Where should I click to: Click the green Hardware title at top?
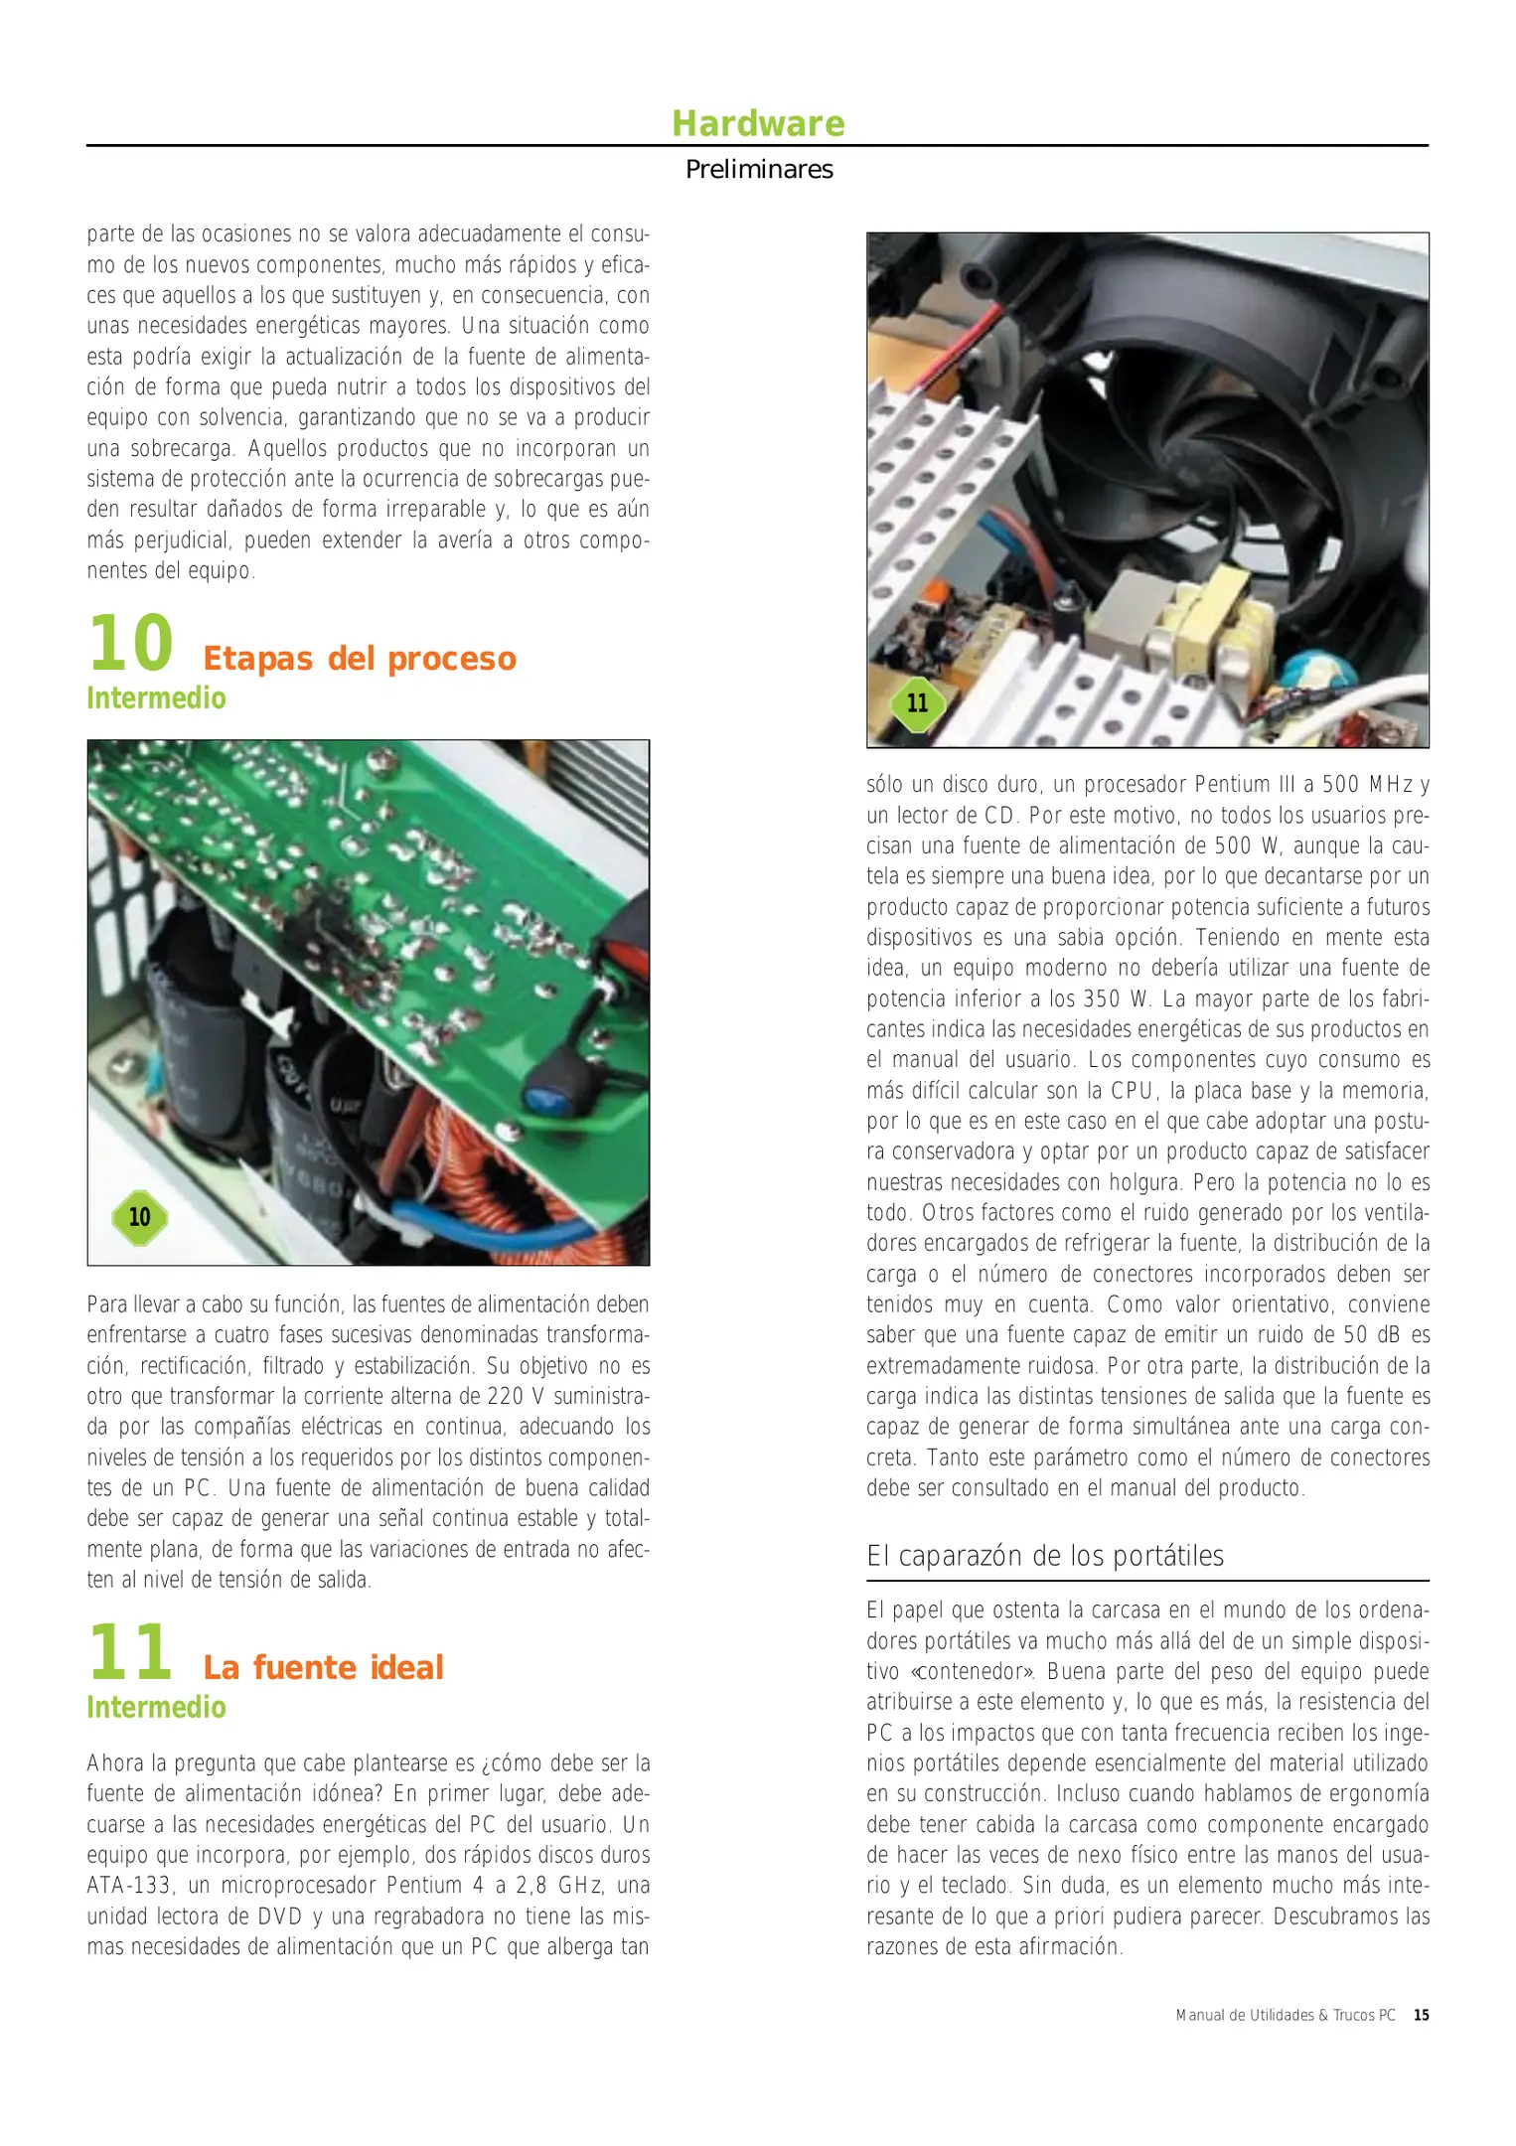coord(758,123)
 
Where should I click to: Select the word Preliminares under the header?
coord(759,170)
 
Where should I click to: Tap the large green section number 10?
coord(130,644)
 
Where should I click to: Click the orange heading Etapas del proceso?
coord(359,659)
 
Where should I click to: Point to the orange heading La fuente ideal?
coord(323,1667)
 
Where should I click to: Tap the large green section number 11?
coord(130,1652)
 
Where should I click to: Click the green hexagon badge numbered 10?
coord(140,1217)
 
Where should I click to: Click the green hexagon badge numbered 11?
coord(917,703)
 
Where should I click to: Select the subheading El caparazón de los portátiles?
coord(1044,1556)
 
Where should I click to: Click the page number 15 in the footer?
coord(1422,2015)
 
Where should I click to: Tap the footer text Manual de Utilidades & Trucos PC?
coord(1285,2015)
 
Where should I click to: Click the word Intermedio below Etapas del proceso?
coord(156,698)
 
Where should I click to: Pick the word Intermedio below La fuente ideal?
coord(156,1707)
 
